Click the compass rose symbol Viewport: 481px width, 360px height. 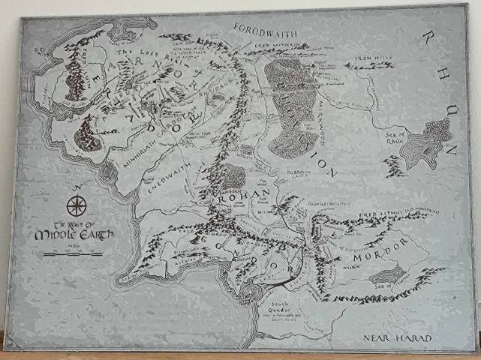point(77,205)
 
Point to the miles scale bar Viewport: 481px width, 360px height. point(73,253)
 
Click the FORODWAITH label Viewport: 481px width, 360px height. point(266,31)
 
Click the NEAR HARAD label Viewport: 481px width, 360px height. point(398,338)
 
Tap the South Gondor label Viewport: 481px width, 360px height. point(285,308)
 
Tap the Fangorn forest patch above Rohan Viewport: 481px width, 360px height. point(234,177)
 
